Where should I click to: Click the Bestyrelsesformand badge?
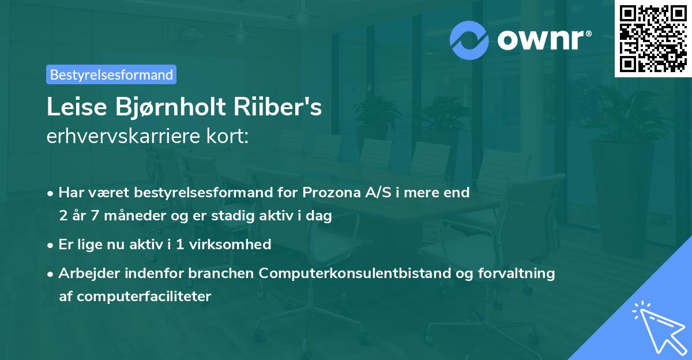click(x=111, y=74)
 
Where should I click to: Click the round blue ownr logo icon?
click(x=469, y=40)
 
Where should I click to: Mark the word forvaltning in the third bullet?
click(x=522, y=273)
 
